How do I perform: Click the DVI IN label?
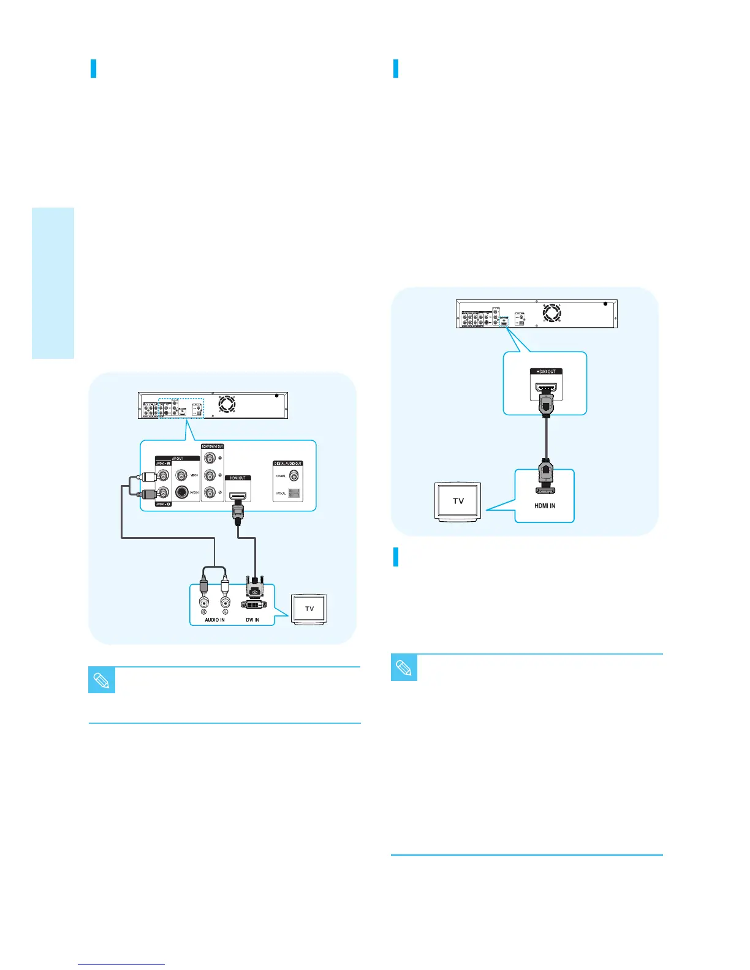[252, 620]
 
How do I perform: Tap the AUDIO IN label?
[214, 620]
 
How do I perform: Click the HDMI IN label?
[545, 506]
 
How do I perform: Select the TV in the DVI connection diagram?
[309, 609]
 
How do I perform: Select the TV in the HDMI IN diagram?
[458, 501]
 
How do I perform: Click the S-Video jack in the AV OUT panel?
[181, 491]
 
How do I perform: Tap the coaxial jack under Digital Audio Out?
[294, 475]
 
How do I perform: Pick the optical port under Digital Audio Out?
[294, 492]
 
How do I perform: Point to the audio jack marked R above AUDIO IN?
[203, 602]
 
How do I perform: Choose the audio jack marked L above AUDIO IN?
[225, 602]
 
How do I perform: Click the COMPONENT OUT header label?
[212, 446]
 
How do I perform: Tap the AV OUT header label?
[176, 458]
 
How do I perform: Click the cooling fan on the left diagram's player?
[227, 405]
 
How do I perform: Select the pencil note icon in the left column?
[102, 680]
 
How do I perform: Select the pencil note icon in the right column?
[404, 667]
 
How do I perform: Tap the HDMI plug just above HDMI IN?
[545, 476]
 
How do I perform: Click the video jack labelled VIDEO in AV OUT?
[181, 474]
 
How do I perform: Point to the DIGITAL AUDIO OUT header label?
[288, 464]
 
